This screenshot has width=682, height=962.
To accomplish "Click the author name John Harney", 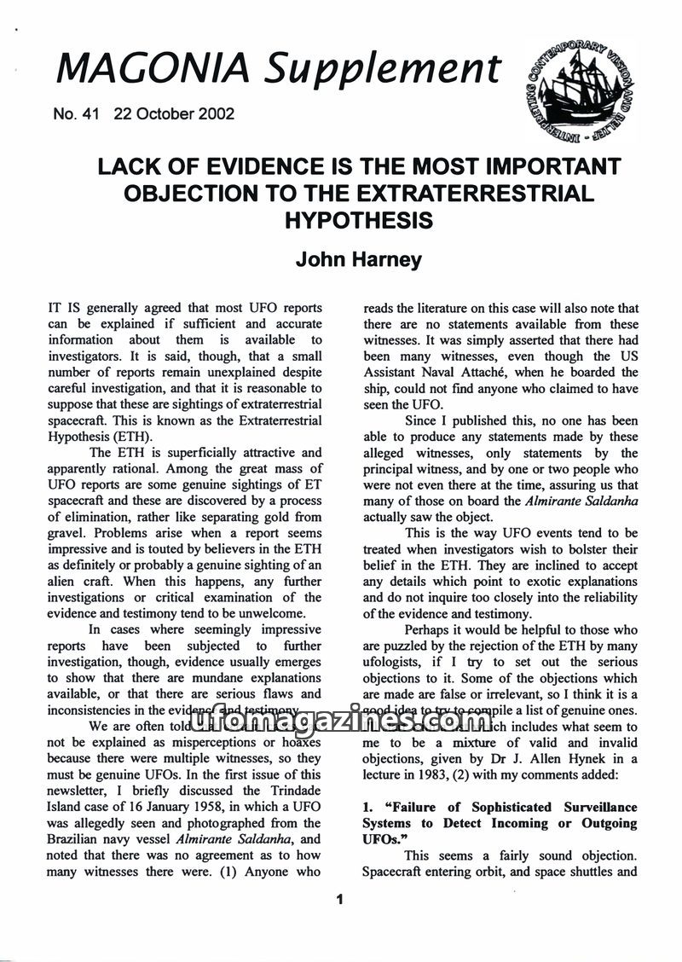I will tap(358, 258).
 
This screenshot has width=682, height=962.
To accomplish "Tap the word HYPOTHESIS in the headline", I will tap(358, 220).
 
